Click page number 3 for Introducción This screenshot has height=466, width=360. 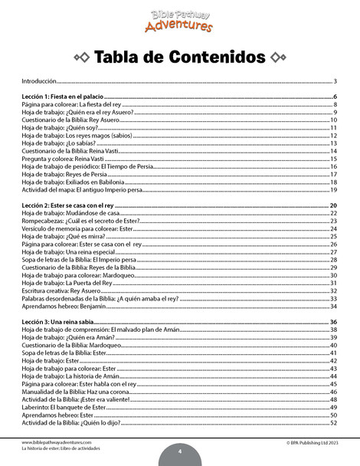335,80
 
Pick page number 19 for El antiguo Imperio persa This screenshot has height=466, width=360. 334,189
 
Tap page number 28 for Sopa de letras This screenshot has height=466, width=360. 334,260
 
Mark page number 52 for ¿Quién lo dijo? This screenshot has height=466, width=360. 334,422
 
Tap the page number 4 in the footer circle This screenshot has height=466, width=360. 179,451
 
